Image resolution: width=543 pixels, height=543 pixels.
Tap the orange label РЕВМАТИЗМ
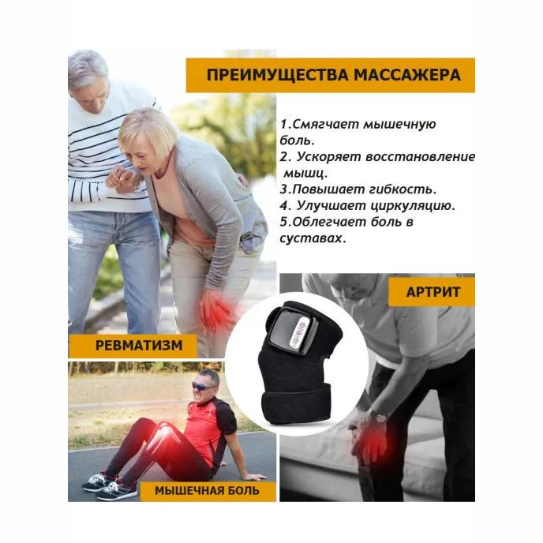pos(133,344)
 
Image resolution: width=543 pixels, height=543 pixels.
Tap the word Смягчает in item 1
pos(324,124)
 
